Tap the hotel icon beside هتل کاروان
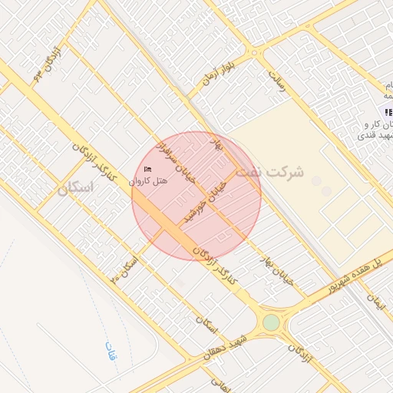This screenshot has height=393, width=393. pyautogui.click(x=147, y=169)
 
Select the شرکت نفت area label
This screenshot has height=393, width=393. pyautogui.click(x=269, y=172)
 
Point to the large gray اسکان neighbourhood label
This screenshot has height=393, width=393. pyautogui.click(x=74, y=187)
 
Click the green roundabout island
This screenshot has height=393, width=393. pyautogui.click(x=271, y=322)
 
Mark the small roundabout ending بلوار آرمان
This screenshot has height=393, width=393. pyautogui.click(x=253, y=52)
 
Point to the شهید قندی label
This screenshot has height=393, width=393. pyautogui.click(x=375, y=135)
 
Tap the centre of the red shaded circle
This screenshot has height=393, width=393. pyautogui.click(x=196, y=196)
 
